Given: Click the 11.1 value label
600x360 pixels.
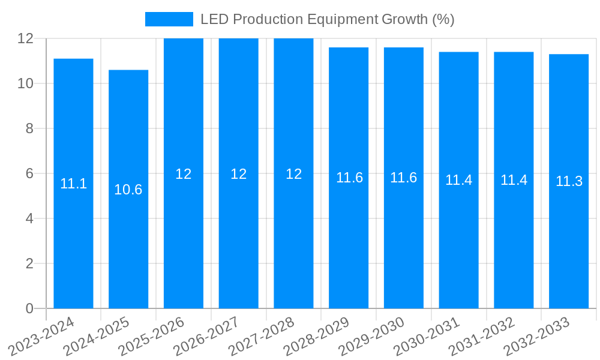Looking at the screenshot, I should click(x=73, y=184).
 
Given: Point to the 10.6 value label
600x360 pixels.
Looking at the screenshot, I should click(x=128, y=190).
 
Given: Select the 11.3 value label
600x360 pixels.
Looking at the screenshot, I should click(x=569, y=181).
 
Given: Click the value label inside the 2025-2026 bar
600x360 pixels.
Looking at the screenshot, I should click(x=184, y=174).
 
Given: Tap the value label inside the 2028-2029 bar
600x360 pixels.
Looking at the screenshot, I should click(x=349, y=178).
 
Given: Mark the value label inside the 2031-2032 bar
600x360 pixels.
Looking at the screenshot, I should click(x=514, y=180).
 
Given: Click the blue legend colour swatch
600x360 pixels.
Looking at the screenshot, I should click(x=169, y=19).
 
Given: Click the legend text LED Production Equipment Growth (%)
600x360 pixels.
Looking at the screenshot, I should click(x=327, y=19).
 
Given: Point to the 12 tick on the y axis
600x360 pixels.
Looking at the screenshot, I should click(x=25, y=38).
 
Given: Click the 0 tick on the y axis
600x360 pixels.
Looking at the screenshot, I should click(x=29, y=308).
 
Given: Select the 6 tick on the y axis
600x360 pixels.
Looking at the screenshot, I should click(x=29, y=173).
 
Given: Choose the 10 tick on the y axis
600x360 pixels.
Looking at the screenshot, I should click(x=25, y=83).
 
